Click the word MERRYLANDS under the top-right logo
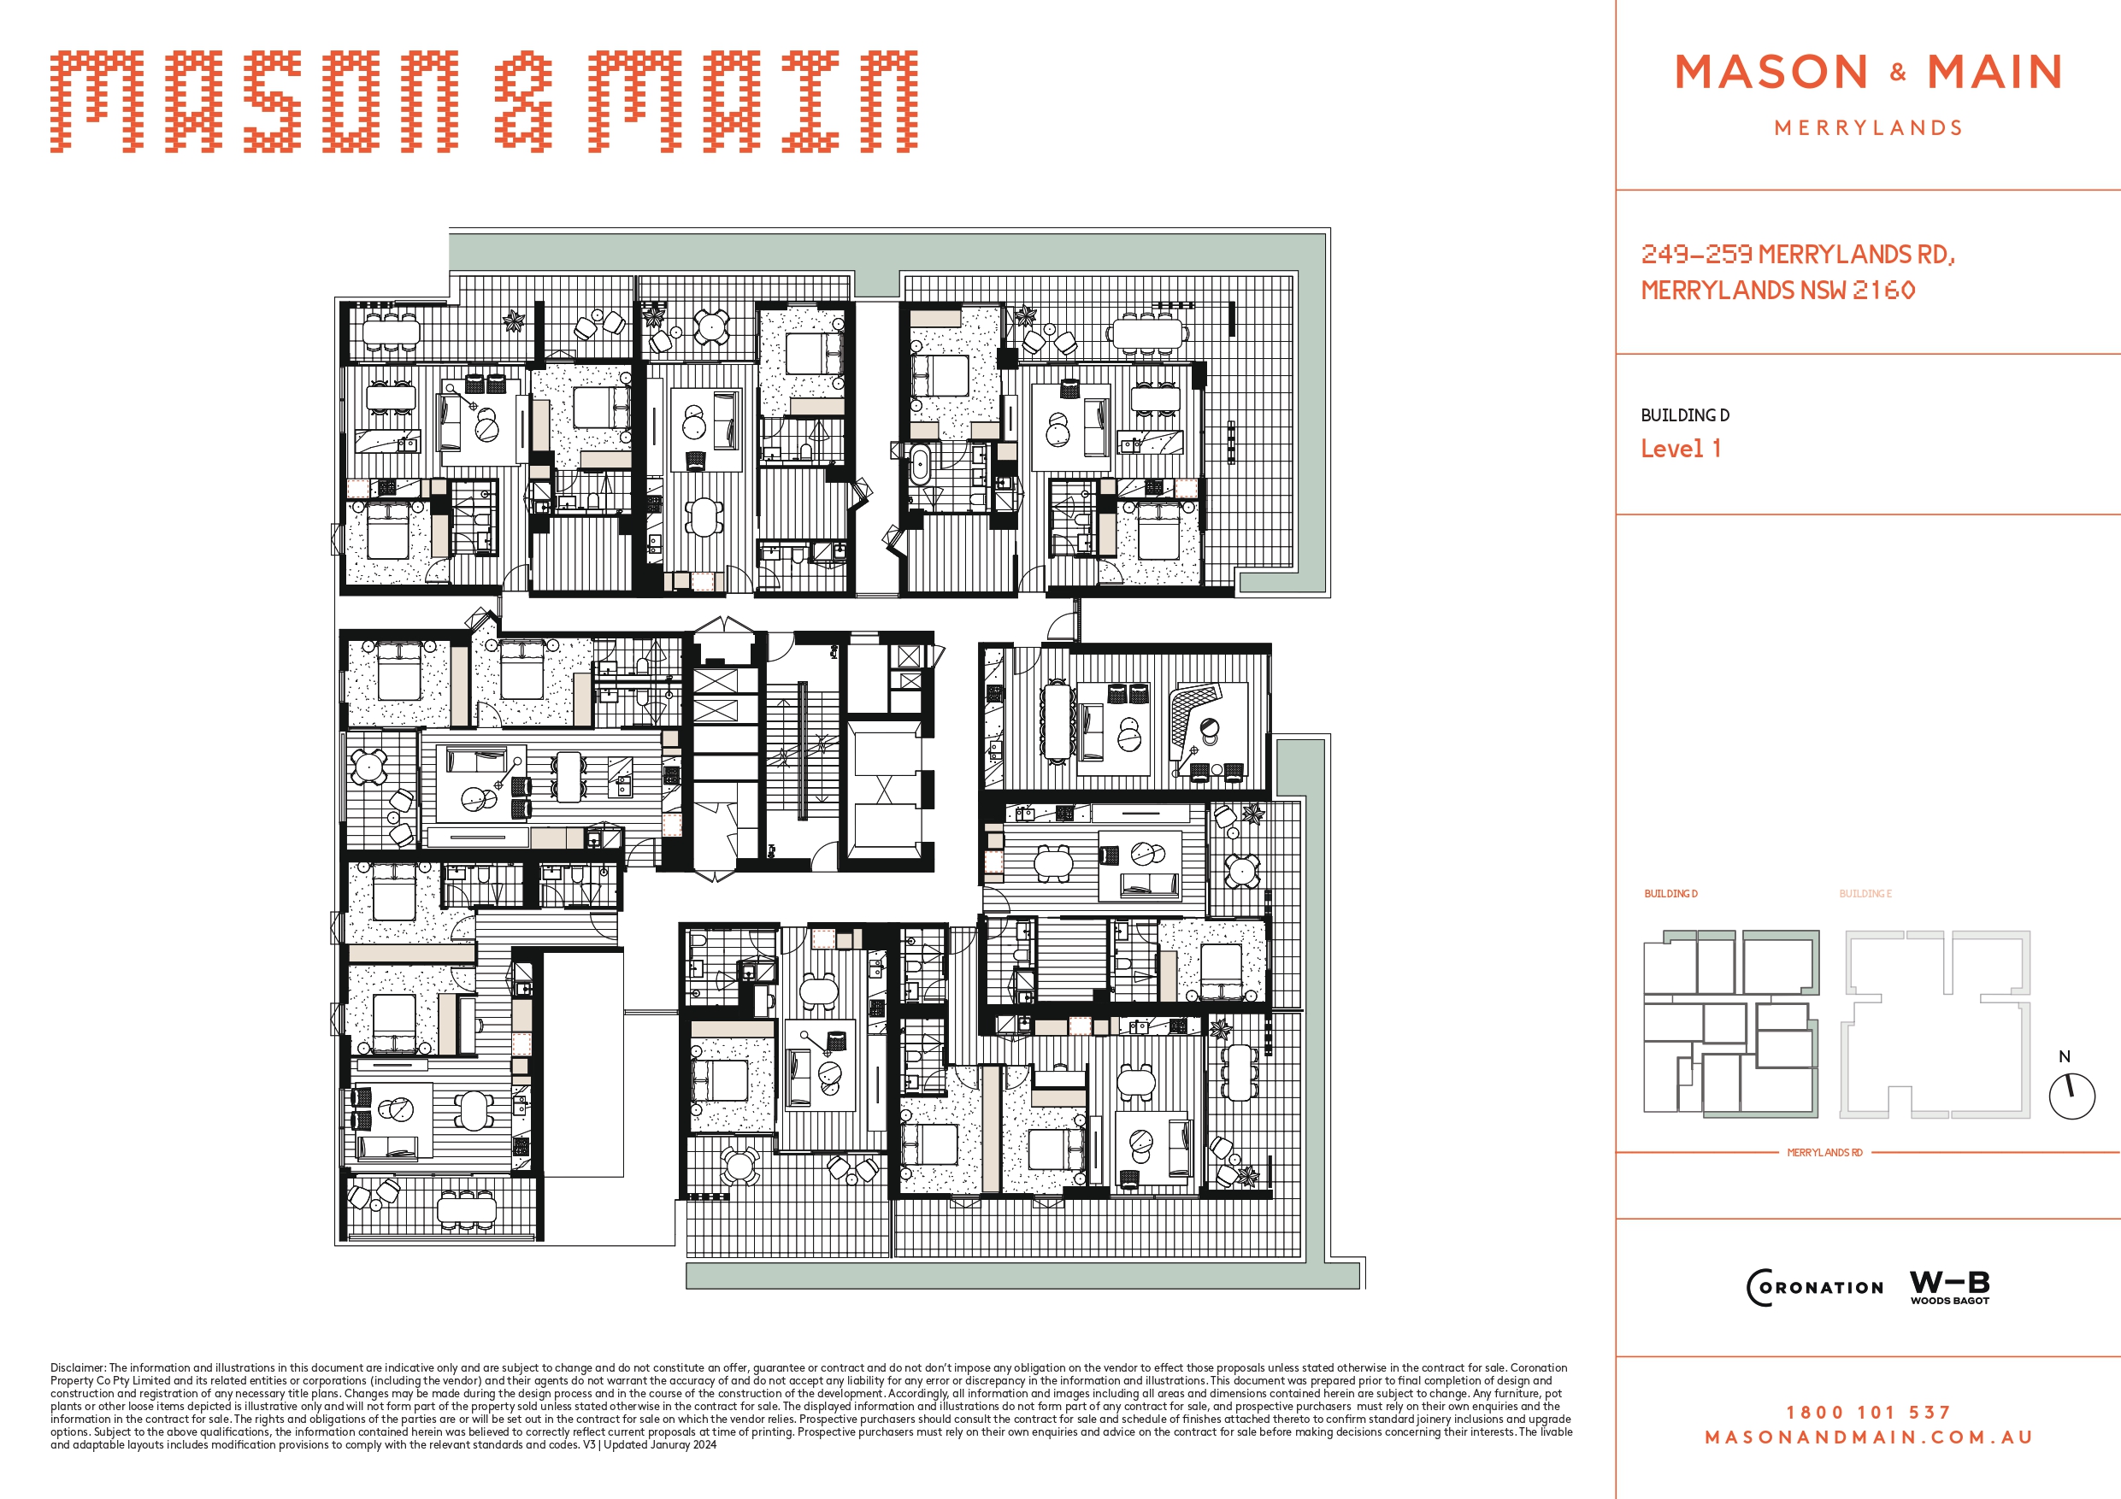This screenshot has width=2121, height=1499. (1869, 127)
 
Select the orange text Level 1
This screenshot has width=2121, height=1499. (1681, 449)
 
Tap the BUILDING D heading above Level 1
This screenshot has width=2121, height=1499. (1685, 415)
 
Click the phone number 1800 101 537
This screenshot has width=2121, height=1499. (1868, 1412)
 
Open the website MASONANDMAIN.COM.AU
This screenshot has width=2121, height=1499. (1868, 1437)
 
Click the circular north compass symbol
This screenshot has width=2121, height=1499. (2072, 1096)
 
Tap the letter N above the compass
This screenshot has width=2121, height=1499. (2065, 1056)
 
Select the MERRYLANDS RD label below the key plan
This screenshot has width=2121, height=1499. (1824, 1153)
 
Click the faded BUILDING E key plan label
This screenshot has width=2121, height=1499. (1865, 894)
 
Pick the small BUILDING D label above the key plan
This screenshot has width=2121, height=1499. (1670, 894)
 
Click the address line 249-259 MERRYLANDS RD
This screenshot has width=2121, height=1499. (1798, 254)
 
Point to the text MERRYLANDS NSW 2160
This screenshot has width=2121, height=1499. (1778, 290)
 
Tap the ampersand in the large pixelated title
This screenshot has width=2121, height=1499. (523, 102)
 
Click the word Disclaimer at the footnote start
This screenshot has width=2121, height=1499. (78, 1368)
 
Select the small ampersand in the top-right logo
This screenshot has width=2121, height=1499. (1899, 72)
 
